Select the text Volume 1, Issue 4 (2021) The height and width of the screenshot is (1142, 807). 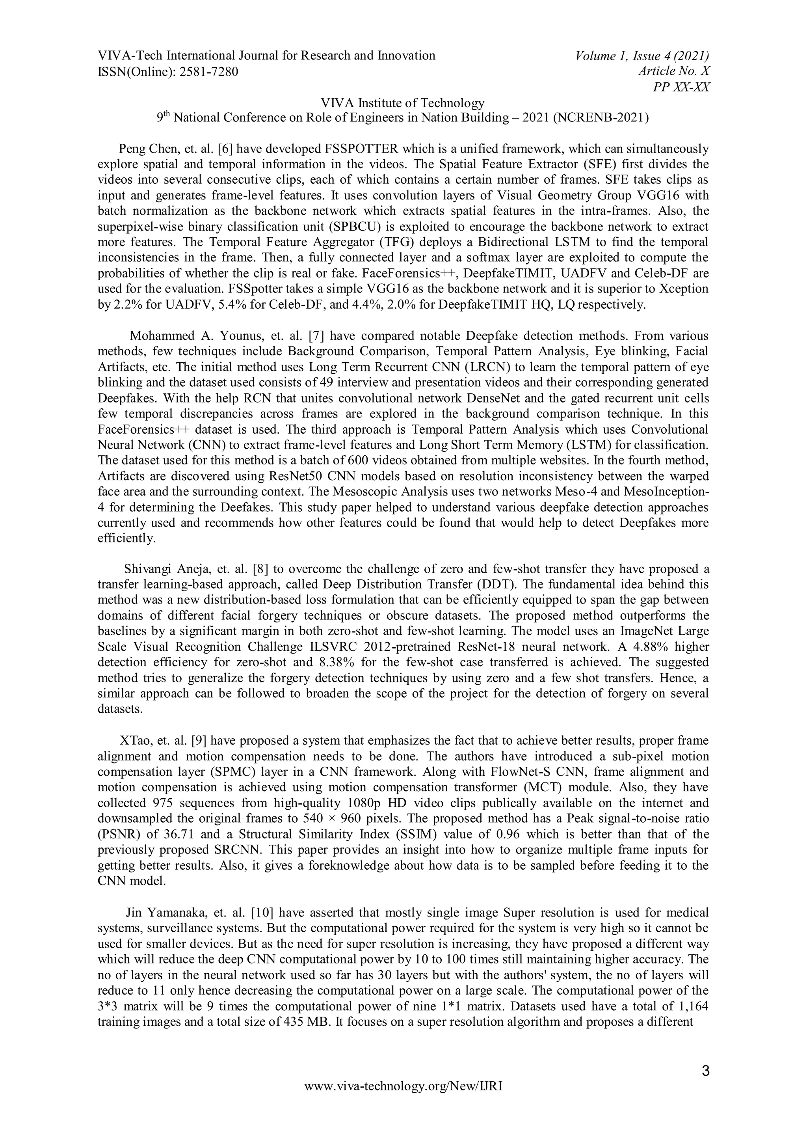[x=642, y=56]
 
